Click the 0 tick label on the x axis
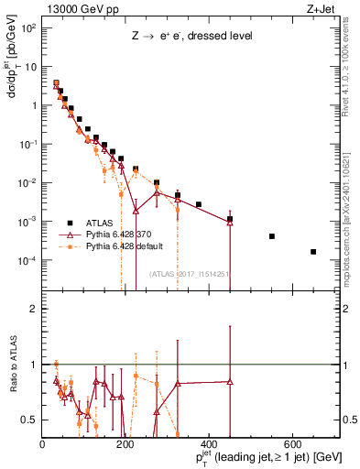tap(43, 444)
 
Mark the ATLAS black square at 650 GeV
tap(313, 252)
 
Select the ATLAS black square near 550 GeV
tap(272, 236)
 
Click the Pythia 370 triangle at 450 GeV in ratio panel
tap(230, 381)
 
